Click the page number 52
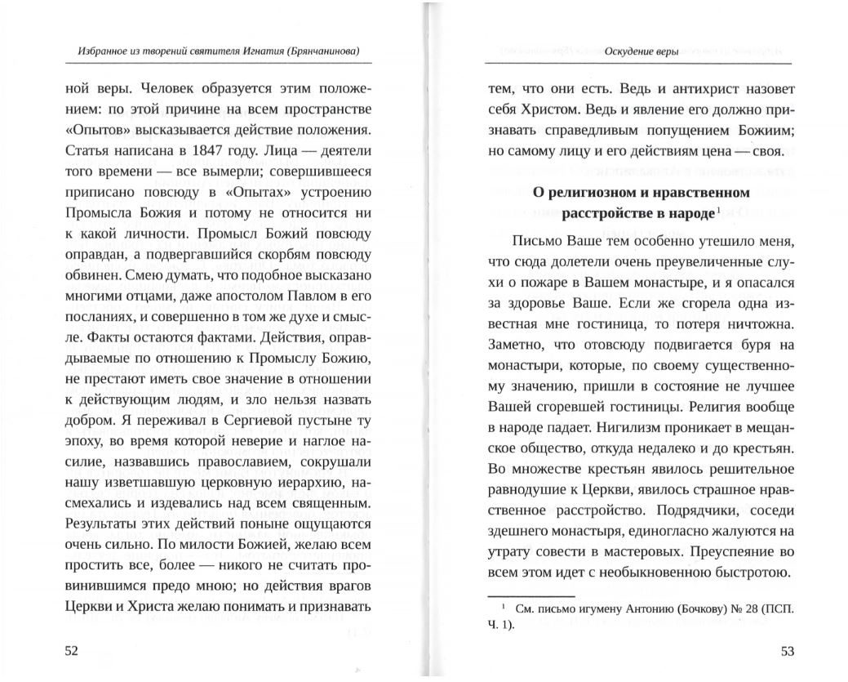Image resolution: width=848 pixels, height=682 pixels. point(71,651)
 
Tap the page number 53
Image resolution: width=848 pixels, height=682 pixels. point(787,651)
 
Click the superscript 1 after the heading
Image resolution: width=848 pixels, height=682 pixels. point(717,211)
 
